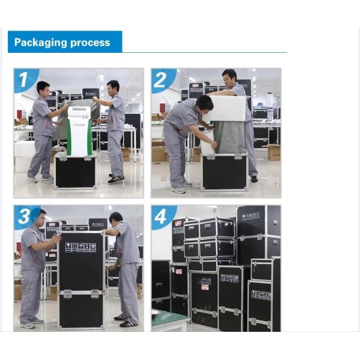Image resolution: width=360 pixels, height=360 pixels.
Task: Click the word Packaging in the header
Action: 40,43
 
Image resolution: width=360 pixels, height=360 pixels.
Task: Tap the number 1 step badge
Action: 25,79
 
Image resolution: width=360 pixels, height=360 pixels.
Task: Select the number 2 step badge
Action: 162,80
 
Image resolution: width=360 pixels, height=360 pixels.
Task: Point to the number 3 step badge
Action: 25,216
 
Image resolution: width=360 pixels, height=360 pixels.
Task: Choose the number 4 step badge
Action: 162,217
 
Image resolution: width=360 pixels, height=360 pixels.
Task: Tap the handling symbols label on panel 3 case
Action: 80,248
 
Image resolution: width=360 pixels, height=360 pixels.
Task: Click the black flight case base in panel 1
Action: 76,171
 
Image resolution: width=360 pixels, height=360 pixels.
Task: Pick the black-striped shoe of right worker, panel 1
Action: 116,179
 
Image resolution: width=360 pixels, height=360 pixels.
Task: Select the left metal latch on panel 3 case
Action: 67,293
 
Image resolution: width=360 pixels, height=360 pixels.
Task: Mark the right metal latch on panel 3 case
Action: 95,293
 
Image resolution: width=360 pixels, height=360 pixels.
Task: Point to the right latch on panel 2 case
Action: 238,157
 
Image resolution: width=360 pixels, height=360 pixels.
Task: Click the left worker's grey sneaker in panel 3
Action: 28,325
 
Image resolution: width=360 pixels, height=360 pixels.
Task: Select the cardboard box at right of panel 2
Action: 274,152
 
